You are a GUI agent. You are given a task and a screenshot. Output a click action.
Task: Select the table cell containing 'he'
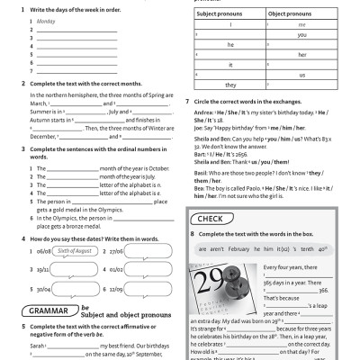230,43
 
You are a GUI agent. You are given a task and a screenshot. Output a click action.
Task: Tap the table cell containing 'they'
230,85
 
